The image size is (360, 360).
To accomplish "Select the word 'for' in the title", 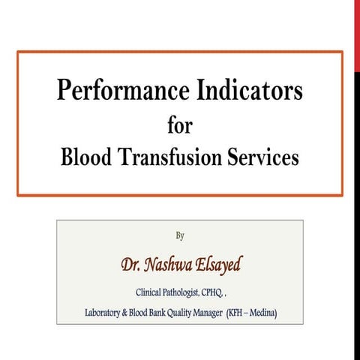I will [x=180, y=125].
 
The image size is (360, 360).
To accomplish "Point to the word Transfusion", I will [x=175, y=158].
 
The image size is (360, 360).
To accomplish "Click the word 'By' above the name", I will [x=180, y=235].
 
